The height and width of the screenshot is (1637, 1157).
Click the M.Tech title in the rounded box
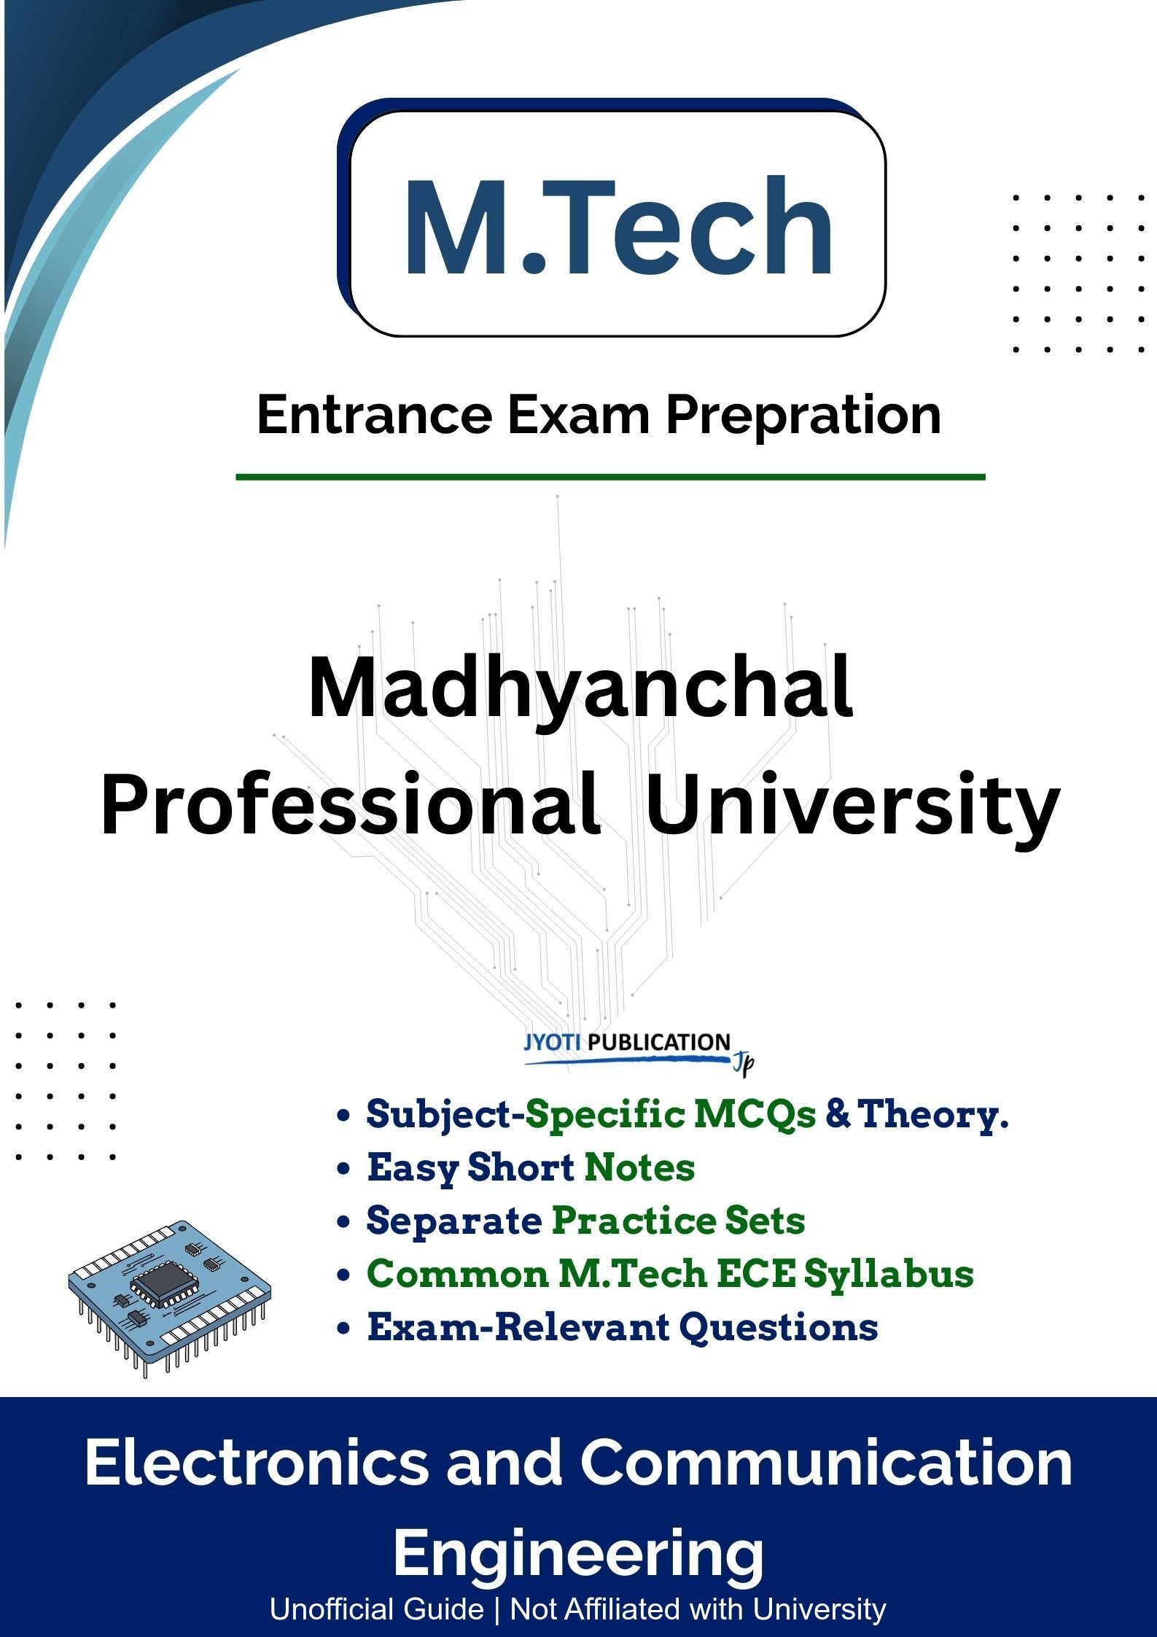618,227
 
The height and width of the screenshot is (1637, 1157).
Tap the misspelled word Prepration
803,416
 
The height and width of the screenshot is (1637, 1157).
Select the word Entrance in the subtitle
374,416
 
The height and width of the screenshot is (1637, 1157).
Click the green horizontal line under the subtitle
610,478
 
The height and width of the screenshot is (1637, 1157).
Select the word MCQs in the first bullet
755,1114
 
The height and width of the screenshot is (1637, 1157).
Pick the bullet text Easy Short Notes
530,1167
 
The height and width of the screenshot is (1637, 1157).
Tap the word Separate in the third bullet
453,1221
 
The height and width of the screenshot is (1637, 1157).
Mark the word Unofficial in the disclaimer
376,1609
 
